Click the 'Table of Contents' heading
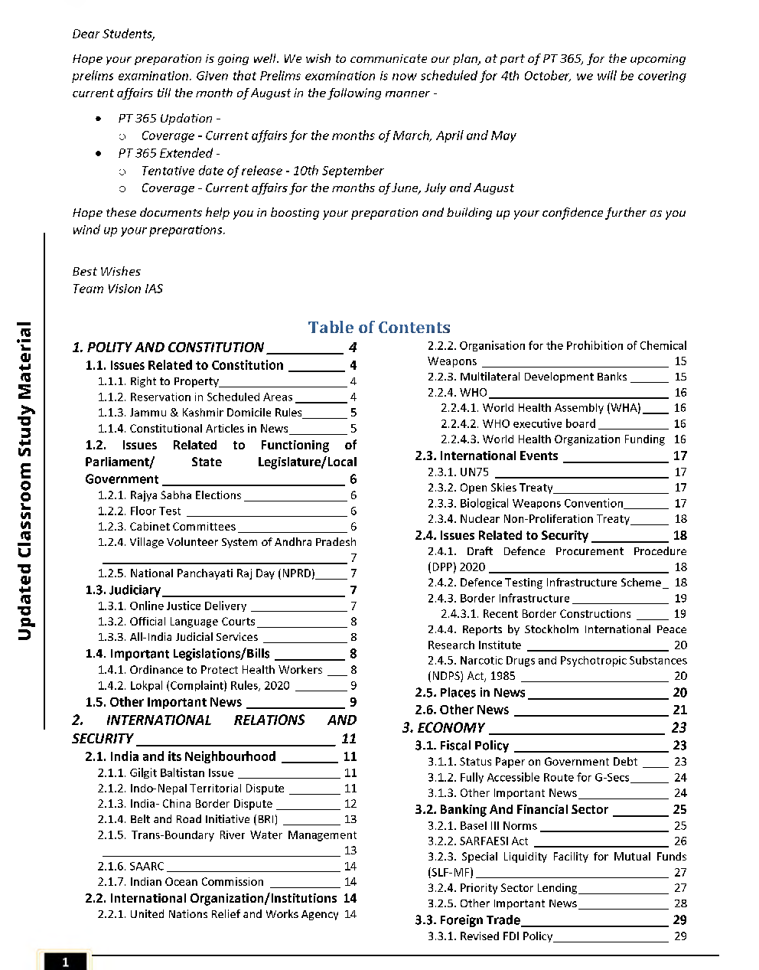pos(379,328)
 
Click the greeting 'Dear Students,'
pos(113,34)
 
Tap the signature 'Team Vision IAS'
pos(117,289)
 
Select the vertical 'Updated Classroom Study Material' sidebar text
pos(24,481)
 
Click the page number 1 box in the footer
pos(65,962)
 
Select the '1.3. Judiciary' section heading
pos(123,590)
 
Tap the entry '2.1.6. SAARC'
pos(131,866)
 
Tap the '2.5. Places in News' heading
pos(470,693)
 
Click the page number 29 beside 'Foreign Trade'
pos(679,920)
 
